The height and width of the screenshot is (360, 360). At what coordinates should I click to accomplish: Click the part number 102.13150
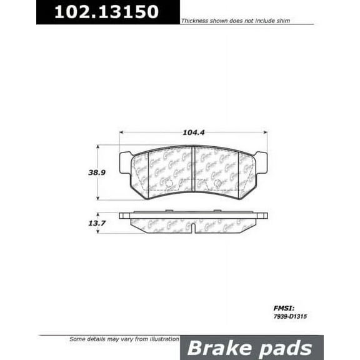106,12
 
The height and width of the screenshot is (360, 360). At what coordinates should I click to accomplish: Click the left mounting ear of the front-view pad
125,162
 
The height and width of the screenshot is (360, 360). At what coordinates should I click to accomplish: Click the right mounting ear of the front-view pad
261,162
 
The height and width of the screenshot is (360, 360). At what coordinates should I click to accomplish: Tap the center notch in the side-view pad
193,229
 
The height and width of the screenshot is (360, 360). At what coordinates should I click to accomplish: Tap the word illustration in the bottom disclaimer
159,338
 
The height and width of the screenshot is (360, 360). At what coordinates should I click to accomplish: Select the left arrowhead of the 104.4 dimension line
122,132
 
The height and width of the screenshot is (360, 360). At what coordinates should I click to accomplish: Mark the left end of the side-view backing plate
121,216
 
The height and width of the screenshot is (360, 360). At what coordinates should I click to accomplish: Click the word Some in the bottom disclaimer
76,338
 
